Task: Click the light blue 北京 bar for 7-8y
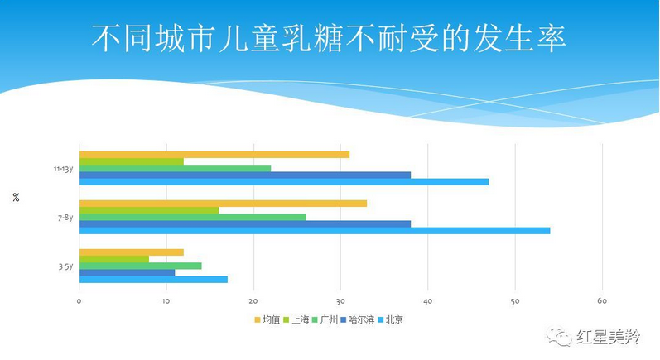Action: [315, 230]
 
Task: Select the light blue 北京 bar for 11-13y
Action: [284, 181]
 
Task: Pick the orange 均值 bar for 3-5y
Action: [131, 252]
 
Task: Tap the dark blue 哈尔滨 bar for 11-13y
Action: [245, 175]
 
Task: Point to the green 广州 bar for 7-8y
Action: [193, 217]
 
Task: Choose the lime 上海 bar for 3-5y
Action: [114, 259]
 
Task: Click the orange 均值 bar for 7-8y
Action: [223, 204]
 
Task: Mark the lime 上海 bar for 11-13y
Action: [132, 161]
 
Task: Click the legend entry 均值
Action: [267, 319]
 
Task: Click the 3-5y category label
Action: [65, 266]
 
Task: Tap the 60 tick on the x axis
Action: [602, 300]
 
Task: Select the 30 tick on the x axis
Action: [340, 300]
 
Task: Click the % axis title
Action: [16, 197]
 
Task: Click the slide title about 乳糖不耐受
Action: [329, 37]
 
